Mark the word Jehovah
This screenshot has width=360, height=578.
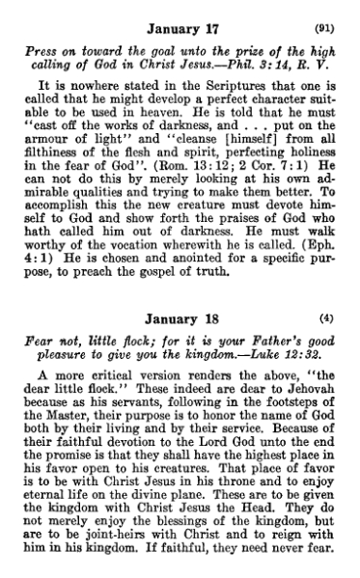click(307, 393)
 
